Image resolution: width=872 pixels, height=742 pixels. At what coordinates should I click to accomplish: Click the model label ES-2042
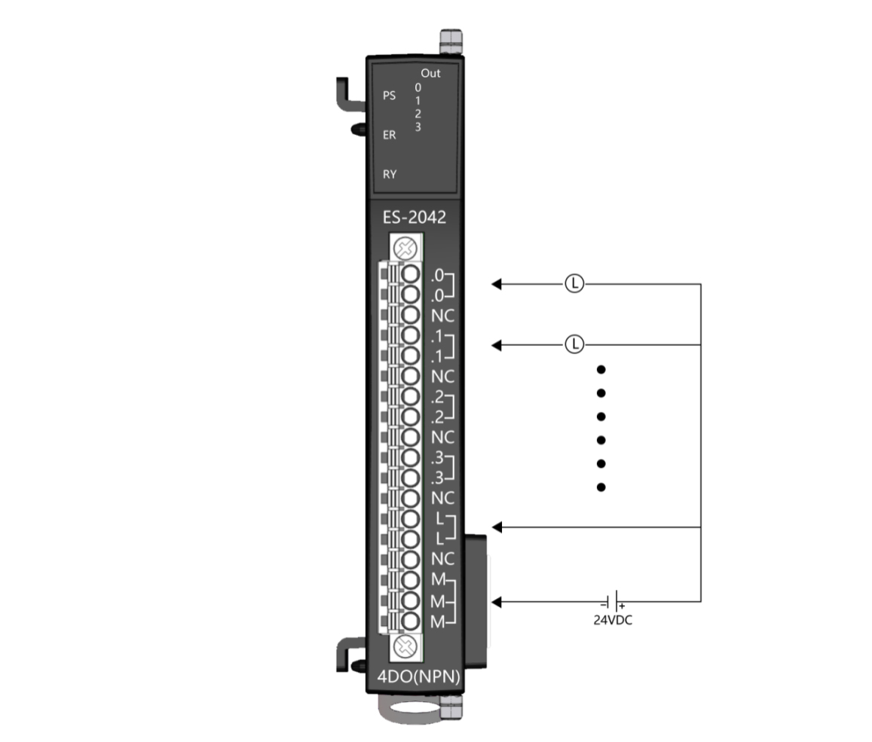pos(415,217)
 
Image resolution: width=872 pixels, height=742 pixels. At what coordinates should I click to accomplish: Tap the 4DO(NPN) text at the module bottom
pos(419,676)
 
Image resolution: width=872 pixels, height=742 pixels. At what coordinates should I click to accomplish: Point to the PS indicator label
pos(390,96)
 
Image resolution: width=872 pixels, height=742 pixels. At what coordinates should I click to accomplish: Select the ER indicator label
pos(390,135)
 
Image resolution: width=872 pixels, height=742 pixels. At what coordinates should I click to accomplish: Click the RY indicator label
pos(390,175)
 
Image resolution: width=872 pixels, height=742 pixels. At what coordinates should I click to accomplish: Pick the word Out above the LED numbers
pos(430,73)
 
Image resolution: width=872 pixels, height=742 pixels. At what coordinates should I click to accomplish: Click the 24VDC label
pos(613,620)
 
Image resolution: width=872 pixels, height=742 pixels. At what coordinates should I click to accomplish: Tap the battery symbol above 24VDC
pos(613,602)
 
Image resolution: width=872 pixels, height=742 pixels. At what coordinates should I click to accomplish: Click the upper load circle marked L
pos(574,283)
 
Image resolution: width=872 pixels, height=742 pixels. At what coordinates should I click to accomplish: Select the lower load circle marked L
pos(574,344)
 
